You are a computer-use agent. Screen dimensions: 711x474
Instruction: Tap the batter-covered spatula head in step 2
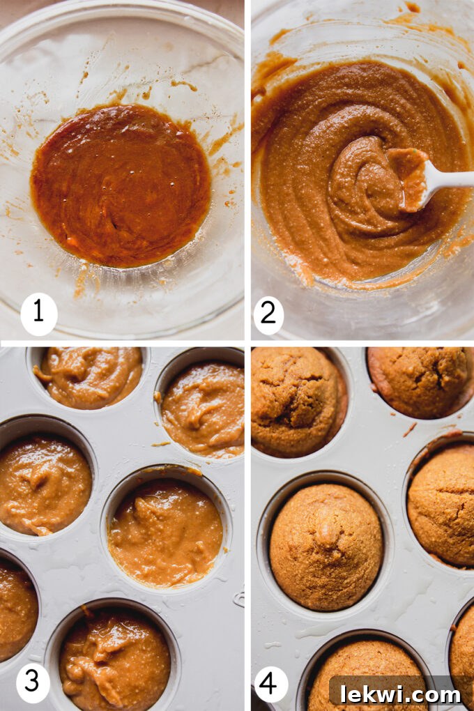coord(410,177)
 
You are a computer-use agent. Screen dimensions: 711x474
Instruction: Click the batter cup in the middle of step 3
coord(166,533)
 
